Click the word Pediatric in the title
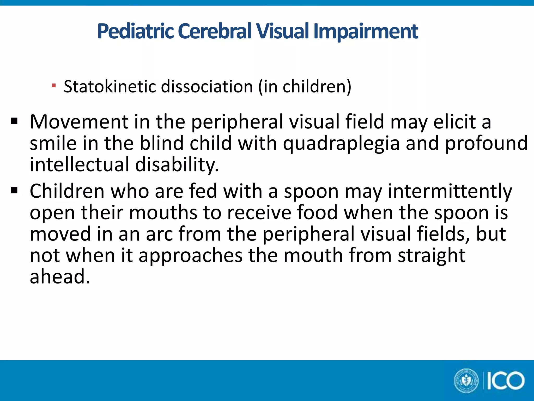135,31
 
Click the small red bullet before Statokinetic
54,85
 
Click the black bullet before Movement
14,121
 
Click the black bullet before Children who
14,191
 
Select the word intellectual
80,165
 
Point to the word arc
159,234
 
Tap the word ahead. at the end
60,277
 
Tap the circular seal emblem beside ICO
466,381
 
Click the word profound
486,143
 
